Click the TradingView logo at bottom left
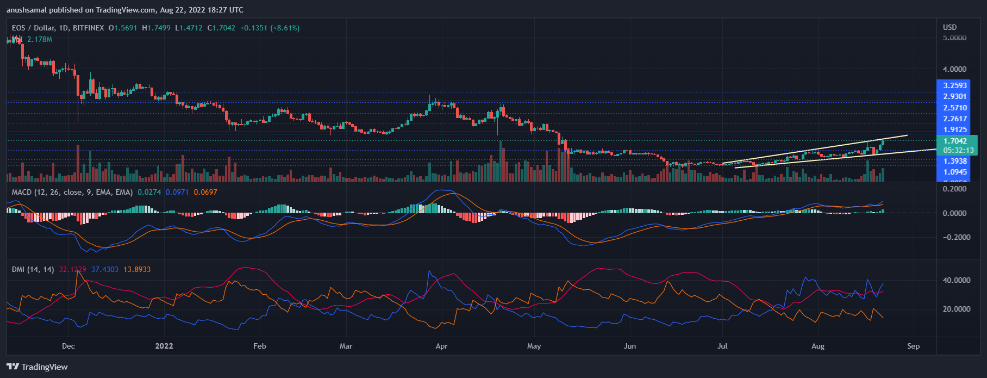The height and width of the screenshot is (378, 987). coord(37,367)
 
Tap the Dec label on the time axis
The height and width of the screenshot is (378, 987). coord(68,346)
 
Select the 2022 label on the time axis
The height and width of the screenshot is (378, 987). coord(164,346)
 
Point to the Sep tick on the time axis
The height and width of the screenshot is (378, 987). coord(913,346)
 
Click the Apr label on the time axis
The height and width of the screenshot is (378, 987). coord(441,346)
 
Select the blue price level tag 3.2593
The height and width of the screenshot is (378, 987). coord(955,85)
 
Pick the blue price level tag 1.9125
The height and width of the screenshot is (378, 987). coord(955,129)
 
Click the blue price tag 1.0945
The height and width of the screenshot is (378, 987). coord(955,172)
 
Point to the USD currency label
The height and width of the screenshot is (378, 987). coord(950,27)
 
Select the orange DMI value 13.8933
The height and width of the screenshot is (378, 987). coord(137,269)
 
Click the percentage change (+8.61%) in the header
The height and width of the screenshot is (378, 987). coord(285,28)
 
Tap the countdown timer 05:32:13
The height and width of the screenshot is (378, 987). coord(958,150)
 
